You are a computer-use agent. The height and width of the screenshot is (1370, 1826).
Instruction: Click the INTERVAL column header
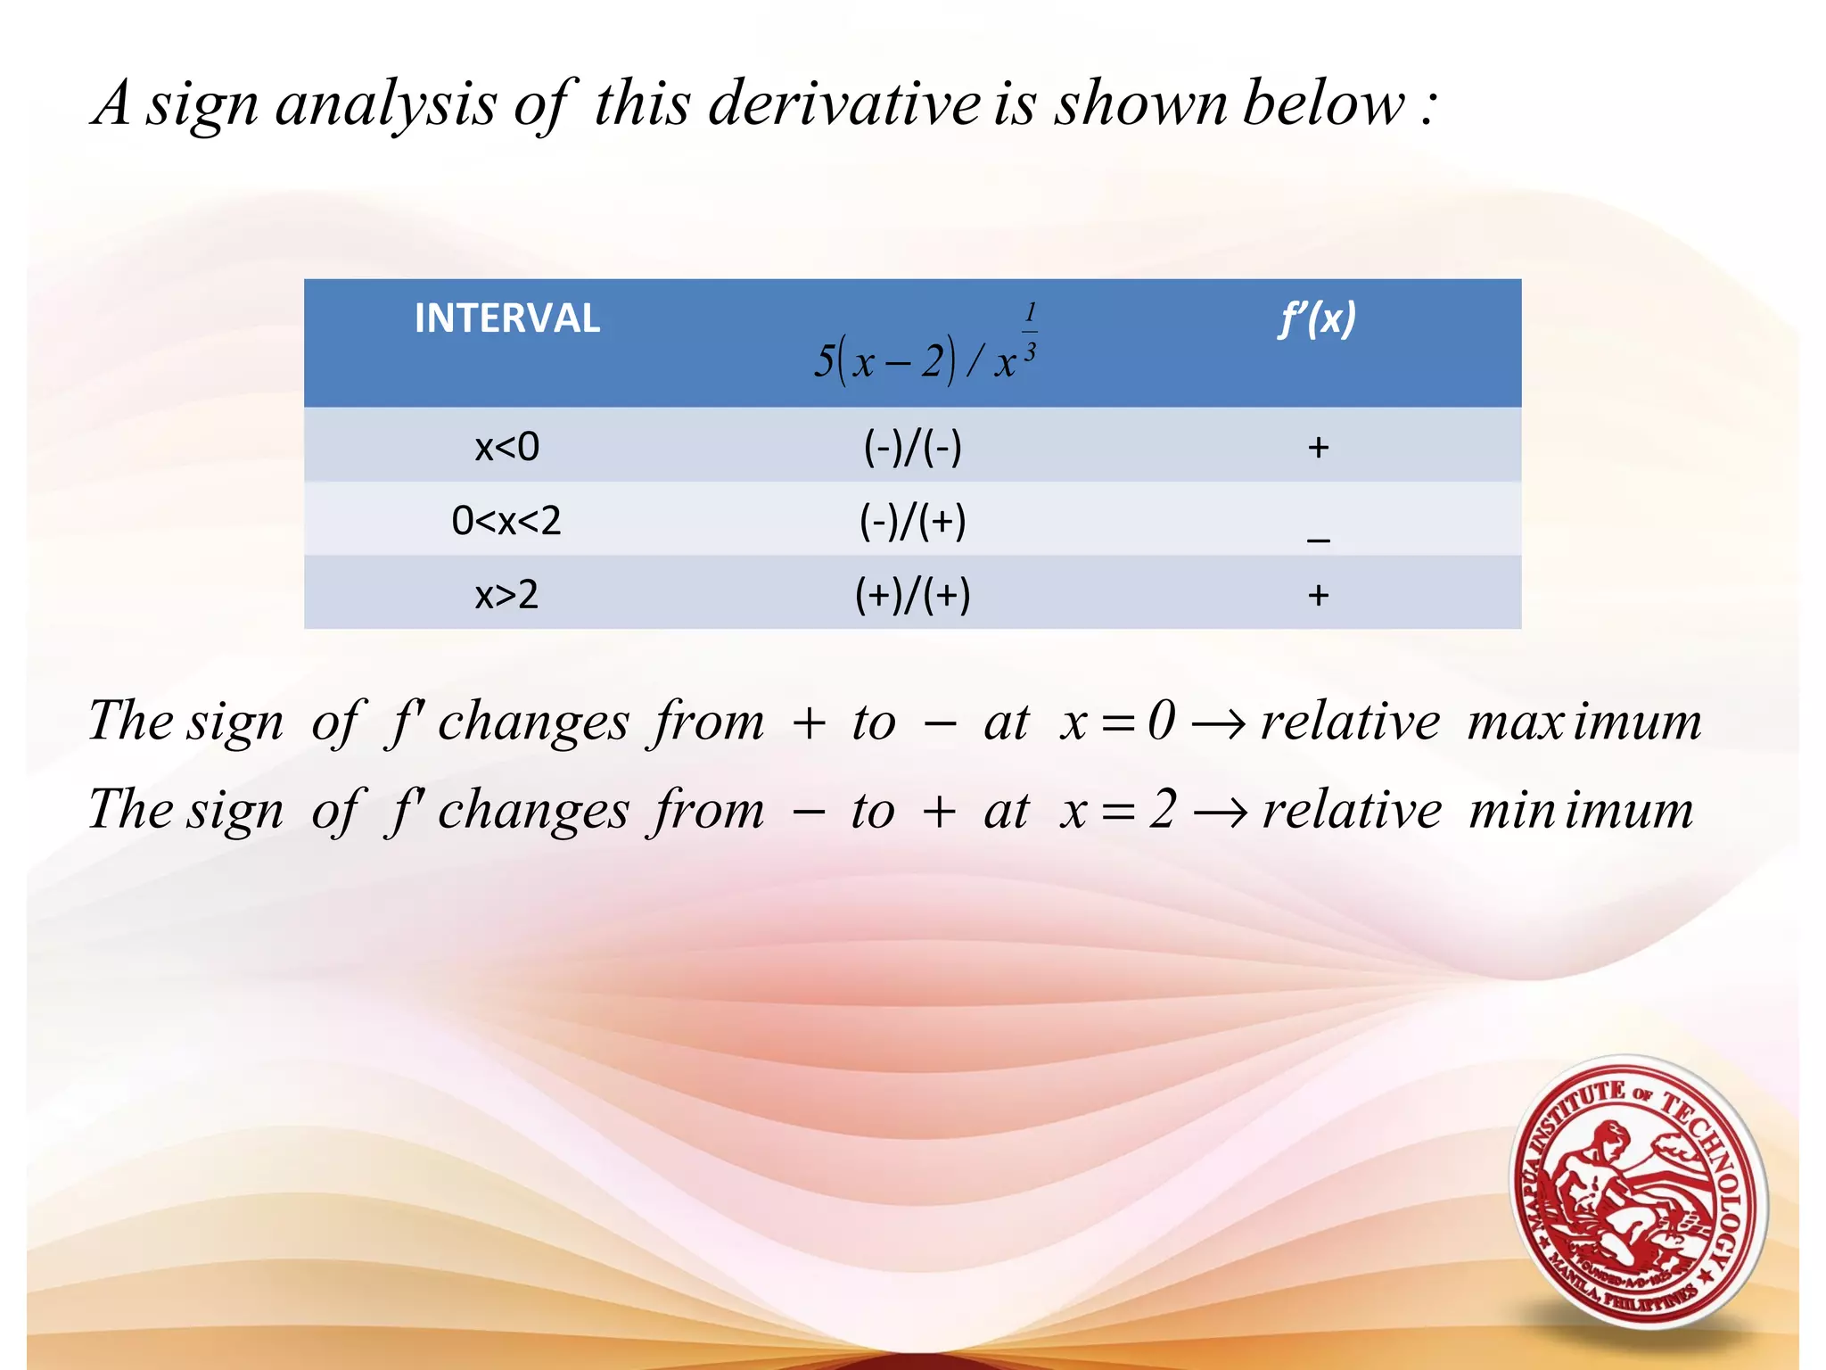pos(506,318)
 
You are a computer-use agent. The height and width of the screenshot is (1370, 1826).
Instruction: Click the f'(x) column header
pos(1317,318)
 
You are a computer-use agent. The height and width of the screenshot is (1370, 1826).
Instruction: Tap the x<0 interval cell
pos(506,446)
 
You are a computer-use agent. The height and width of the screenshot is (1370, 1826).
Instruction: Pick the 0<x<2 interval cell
pos(506,520)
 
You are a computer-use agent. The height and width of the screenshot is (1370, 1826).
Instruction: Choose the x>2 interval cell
pos(506,594)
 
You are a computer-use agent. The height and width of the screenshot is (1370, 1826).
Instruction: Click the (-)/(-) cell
pos(912,446)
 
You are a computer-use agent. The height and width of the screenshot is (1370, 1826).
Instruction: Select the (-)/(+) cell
pos(912,521)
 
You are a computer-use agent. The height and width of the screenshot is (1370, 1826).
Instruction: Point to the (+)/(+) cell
pos(912,595)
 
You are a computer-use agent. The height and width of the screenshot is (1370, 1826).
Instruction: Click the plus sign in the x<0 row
pos(1318,447)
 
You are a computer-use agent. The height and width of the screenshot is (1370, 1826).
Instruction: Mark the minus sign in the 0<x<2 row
pos(1318,538)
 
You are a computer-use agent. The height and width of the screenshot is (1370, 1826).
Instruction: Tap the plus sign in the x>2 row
pos(1318,595)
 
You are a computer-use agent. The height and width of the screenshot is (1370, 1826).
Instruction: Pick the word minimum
pos(1580,811)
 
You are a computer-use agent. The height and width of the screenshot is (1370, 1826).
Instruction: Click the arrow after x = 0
pos(1218,723)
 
